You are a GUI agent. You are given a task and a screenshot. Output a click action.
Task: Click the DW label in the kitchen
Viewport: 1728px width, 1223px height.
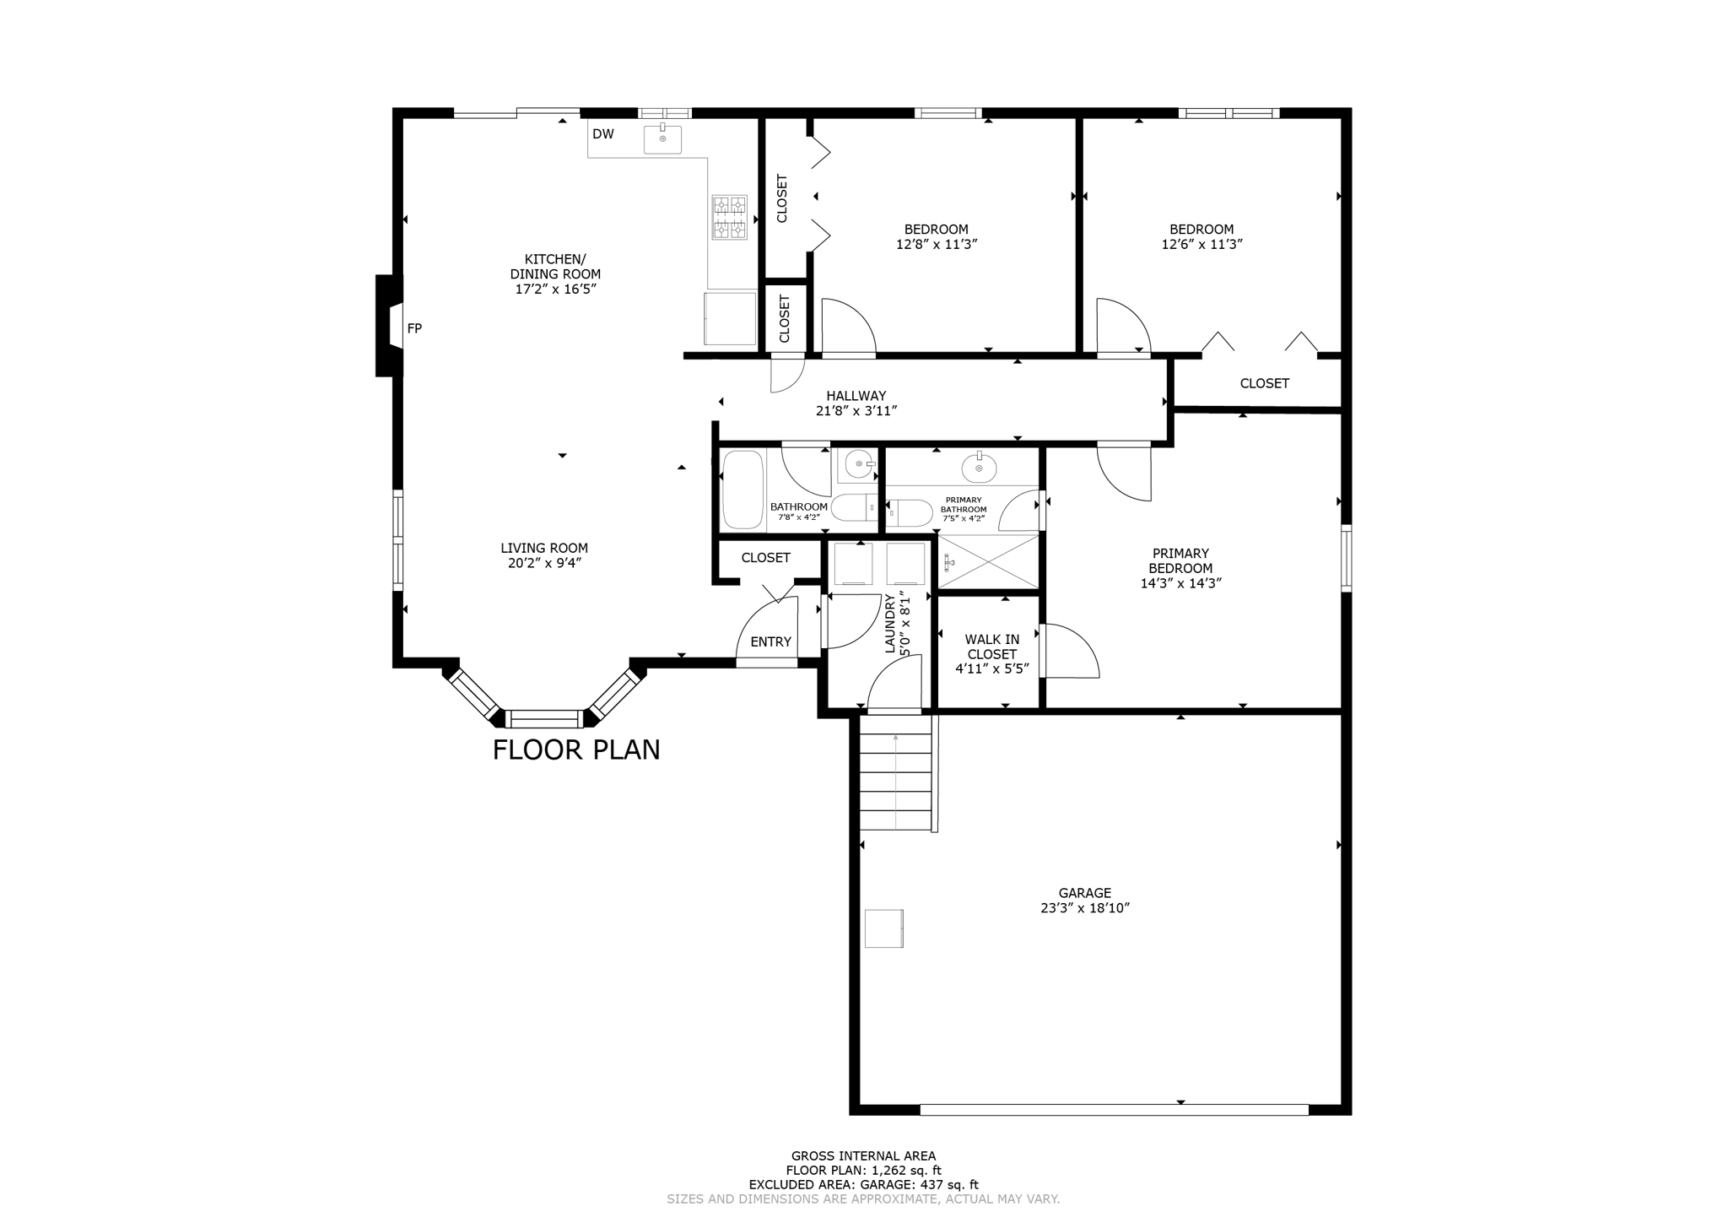602,134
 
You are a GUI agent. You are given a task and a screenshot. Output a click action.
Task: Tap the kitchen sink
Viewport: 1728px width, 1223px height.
662,139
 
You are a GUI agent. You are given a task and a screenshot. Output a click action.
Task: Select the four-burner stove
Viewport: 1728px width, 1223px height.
730,217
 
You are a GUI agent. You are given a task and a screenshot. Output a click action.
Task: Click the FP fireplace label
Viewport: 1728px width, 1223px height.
414,328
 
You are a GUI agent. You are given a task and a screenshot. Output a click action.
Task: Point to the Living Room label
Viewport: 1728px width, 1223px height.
544,548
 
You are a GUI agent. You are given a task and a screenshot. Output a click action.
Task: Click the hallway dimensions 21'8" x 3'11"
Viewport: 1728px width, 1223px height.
856,411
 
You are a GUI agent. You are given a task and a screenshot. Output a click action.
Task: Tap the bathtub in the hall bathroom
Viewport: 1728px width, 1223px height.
742,490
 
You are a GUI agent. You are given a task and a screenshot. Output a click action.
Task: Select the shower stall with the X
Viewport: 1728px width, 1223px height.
988,561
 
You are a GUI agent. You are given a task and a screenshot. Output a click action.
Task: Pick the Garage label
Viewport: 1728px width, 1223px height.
1084,893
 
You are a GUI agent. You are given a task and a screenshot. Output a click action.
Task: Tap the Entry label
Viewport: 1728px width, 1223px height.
770,642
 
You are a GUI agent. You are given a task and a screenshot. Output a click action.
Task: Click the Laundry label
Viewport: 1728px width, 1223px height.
889,624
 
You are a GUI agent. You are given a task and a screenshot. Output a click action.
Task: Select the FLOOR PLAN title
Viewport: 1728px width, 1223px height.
576,749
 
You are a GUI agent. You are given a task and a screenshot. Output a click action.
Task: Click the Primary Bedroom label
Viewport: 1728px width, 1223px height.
1180,561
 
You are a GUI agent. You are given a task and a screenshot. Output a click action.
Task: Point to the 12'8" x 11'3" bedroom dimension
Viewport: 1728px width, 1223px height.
936,245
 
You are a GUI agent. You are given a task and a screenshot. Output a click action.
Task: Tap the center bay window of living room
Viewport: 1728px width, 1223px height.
544,719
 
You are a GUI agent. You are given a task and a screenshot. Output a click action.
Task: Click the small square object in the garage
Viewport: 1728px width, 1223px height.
883,928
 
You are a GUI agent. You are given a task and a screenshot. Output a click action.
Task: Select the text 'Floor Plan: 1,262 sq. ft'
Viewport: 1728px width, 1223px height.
863,1171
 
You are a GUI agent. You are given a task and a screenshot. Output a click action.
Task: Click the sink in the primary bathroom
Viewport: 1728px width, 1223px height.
979,467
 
